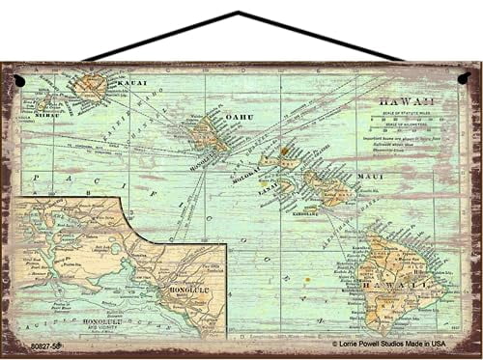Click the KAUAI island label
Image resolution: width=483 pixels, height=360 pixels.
point(133,84)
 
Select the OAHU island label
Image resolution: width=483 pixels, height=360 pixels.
point(238,118)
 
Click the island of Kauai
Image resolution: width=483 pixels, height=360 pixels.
point(92,87)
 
